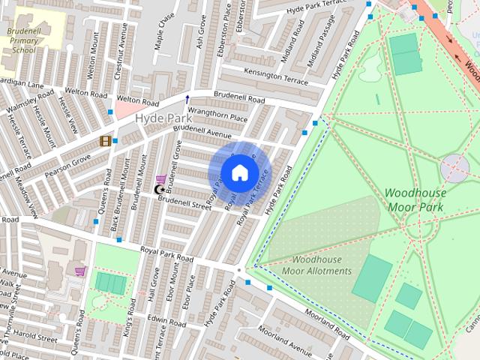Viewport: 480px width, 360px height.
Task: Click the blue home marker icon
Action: [x=238, y=172]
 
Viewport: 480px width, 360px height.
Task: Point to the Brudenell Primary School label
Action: [x=23, y=40]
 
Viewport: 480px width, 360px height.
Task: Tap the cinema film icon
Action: [x=106, y=141]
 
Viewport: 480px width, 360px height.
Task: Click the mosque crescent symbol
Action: [x=158, y=190]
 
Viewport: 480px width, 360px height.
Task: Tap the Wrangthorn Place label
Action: [x=217, y=118]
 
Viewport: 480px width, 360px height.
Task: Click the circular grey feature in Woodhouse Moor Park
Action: [x=454, y=169]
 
